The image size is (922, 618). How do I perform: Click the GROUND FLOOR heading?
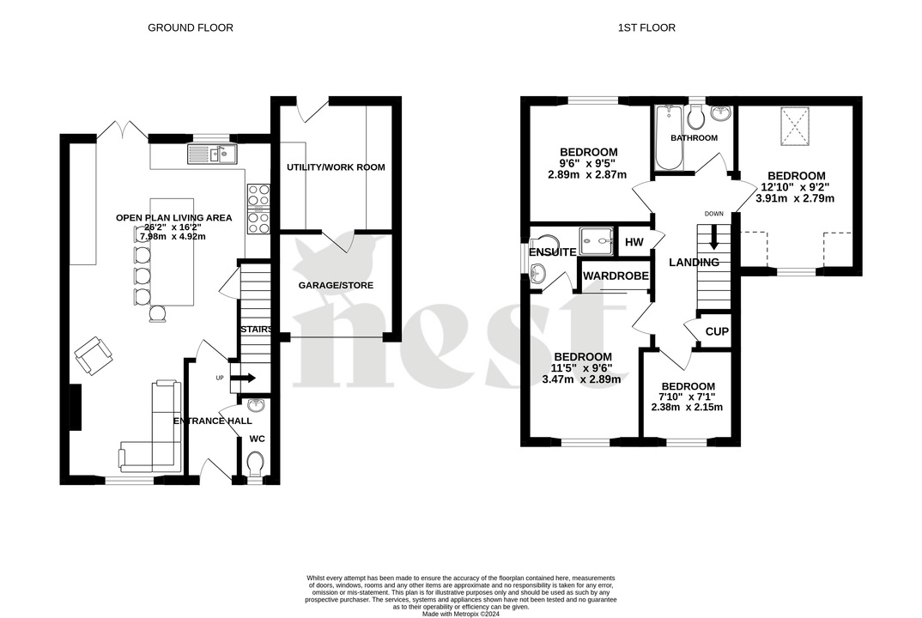[190, 27]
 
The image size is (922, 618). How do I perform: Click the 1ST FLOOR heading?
[646, 27]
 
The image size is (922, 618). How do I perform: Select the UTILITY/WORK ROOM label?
[336, 167]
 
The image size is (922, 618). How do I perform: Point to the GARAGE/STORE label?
[336, 285]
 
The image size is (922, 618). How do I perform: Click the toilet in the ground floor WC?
[255, 463]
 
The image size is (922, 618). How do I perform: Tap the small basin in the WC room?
[255, 406]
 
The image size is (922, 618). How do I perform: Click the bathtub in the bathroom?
[666, 137]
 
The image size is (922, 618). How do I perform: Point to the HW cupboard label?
[634, 243]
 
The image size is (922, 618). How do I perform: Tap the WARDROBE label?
[616, 276]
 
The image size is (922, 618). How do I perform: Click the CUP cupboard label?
[716, 332]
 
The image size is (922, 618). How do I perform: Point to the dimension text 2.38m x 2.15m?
[688, 407]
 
